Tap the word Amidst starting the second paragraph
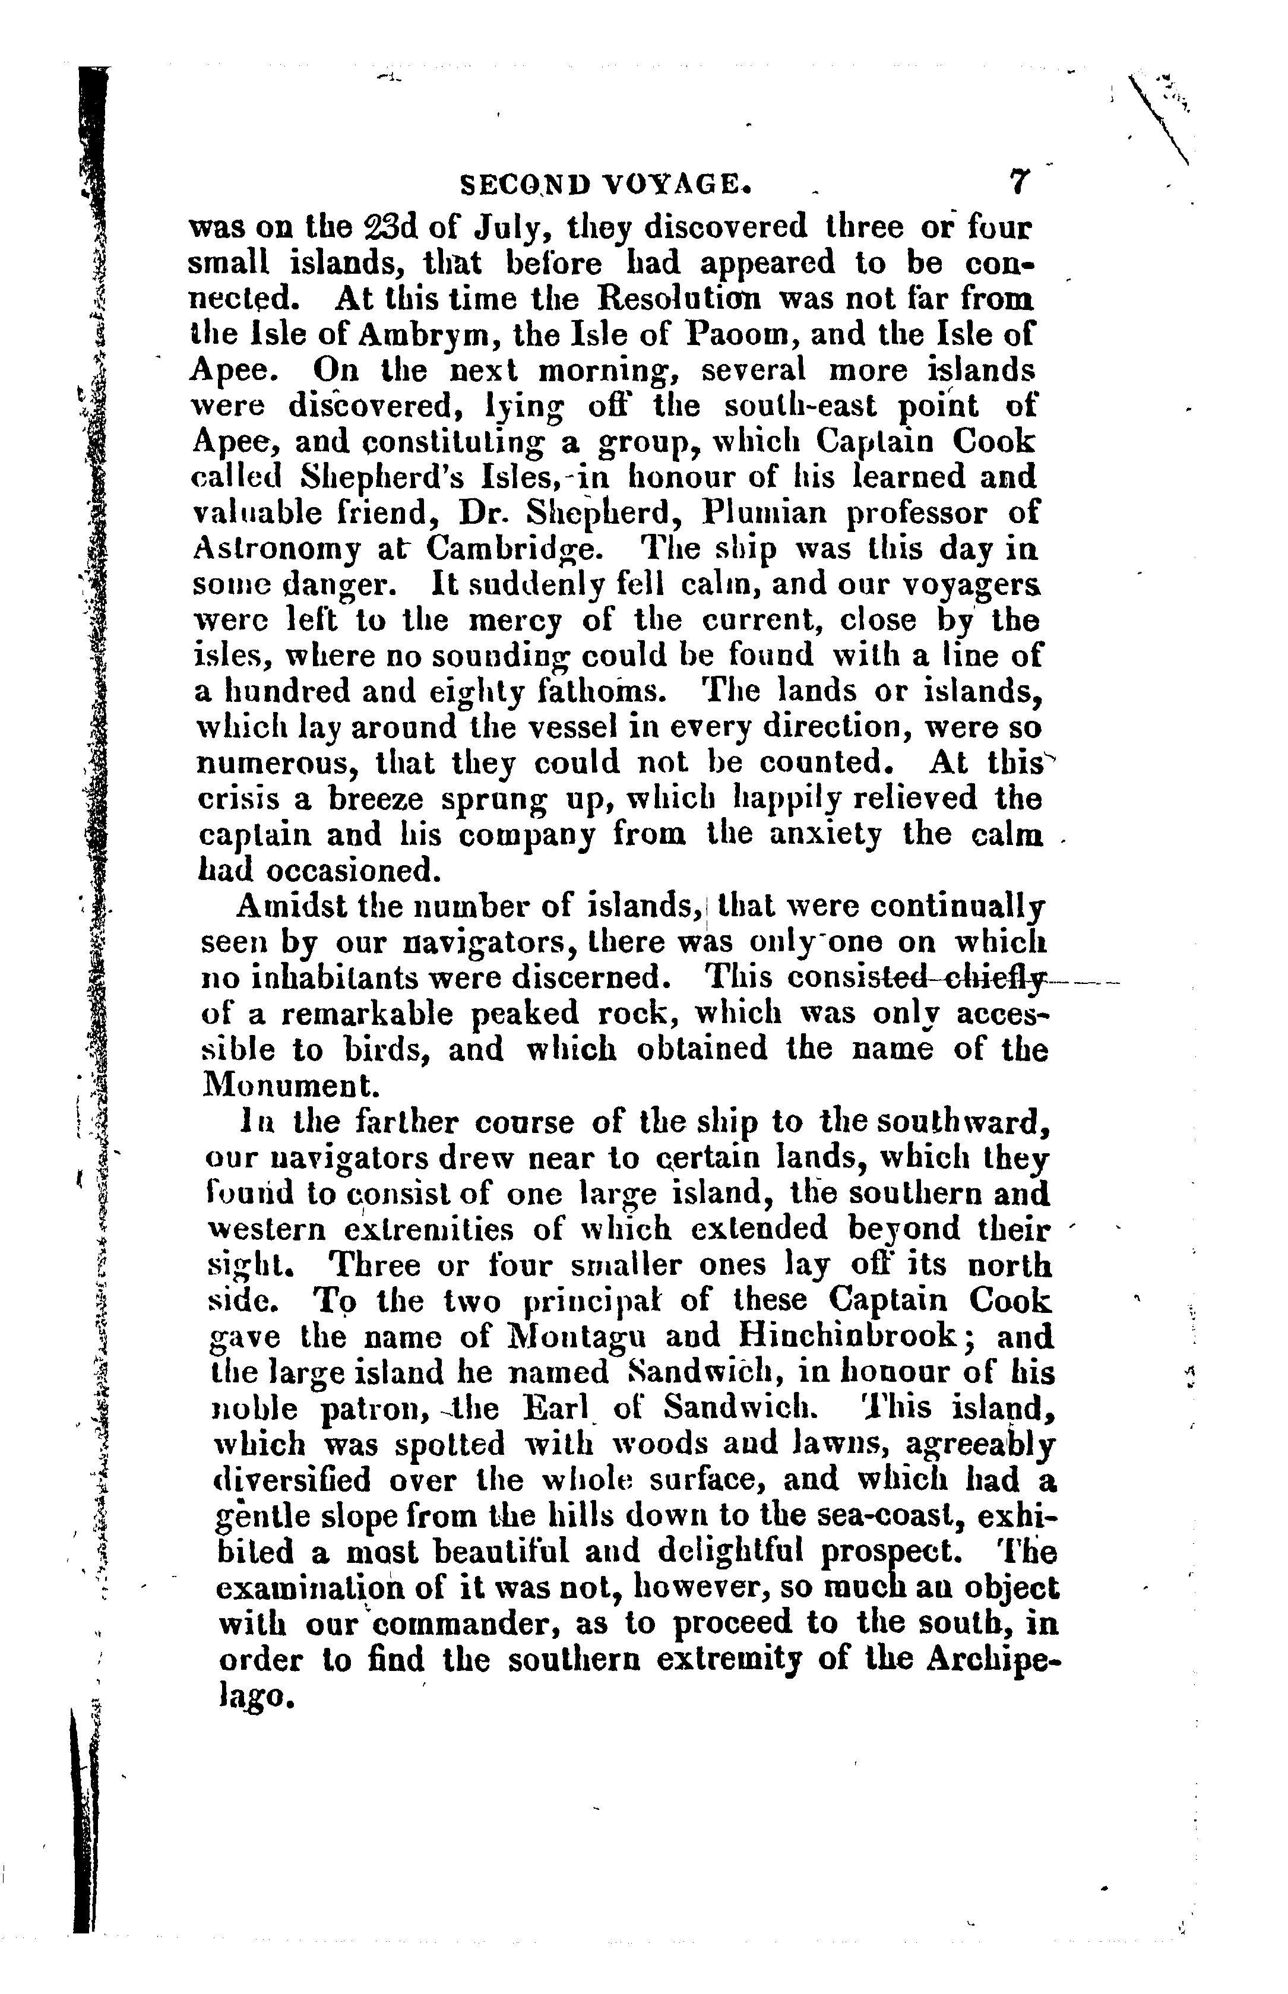(289, 906)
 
